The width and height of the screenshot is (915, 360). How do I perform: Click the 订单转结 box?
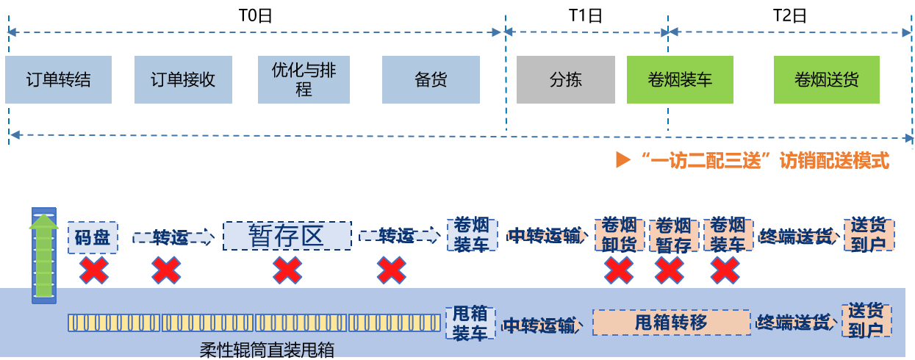(59, 79)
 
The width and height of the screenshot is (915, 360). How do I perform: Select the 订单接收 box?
(182, 79)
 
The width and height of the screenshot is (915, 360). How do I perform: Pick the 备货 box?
(431, 79)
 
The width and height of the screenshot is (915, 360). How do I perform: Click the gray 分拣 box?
(565, 79)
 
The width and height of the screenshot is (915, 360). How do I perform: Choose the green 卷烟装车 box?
(680, 79)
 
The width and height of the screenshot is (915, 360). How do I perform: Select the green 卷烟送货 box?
(826, 79)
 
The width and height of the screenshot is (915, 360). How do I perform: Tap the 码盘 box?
(93, 237)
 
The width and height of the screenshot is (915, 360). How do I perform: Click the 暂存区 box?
(287, 237)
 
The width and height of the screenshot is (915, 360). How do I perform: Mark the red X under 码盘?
(93, 270)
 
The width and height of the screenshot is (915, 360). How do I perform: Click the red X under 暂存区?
(287, 270)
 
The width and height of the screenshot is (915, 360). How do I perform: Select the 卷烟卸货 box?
(619, 235)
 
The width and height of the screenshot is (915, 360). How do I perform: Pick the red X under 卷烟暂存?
(669, 270)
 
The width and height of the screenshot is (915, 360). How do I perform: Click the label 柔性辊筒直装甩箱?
(261, 350)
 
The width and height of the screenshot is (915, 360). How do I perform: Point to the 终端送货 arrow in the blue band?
(794, 323)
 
